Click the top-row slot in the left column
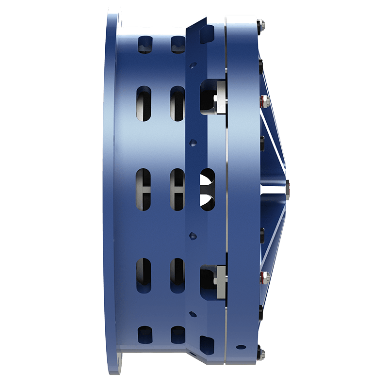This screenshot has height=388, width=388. (145, 44)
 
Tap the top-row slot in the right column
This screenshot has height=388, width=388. (177, 44)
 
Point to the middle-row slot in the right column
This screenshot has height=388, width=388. (178, 189)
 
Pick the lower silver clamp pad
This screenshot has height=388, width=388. (221, 281)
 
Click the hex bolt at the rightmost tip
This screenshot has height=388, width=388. (288, 189)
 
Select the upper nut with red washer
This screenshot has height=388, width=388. (263, 101)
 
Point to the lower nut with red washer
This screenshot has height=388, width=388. (263, 277)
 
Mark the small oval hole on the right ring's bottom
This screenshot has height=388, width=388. (241, 347)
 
